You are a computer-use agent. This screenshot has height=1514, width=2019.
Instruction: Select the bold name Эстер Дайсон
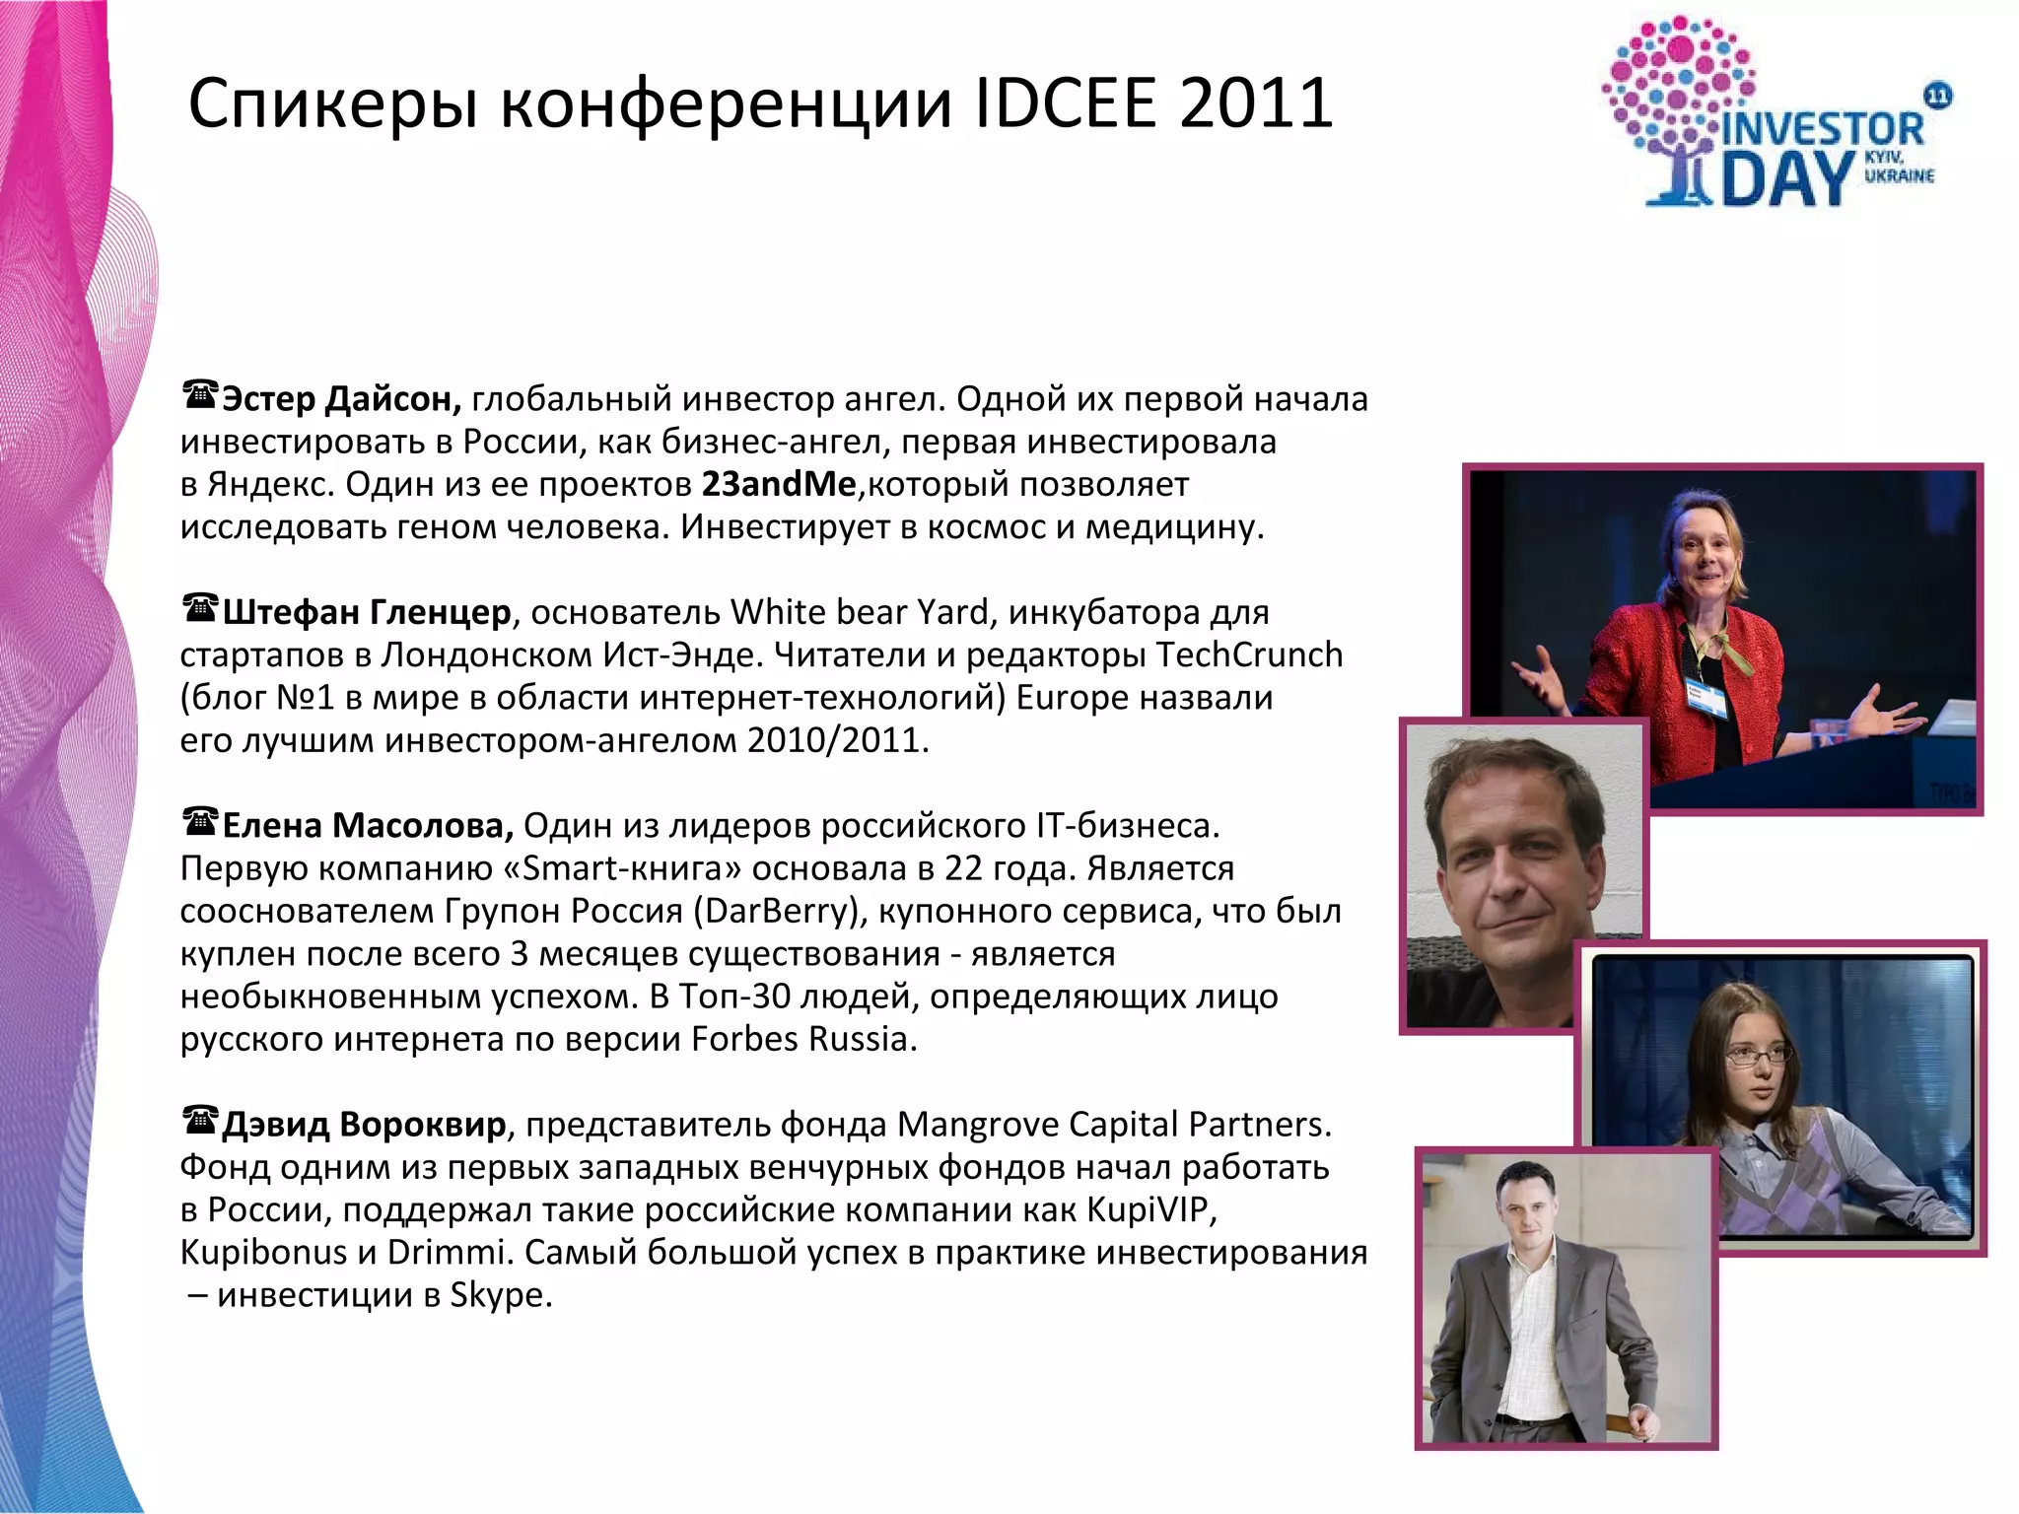point(341,399)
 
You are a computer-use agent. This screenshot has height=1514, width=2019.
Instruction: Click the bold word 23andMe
point(779,484)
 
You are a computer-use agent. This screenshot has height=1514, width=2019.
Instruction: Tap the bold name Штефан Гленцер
point(367,612)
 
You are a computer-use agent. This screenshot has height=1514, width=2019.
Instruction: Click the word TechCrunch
point(1249,654)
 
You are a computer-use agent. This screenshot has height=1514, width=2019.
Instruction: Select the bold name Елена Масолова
point(368,825)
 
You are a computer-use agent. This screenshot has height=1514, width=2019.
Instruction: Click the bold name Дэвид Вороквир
point(364,1124)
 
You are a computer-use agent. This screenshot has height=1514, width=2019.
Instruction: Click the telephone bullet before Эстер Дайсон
point(200,395)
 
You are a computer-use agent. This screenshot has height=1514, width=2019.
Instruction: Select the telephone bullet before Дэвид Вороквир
point(200,1121)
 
